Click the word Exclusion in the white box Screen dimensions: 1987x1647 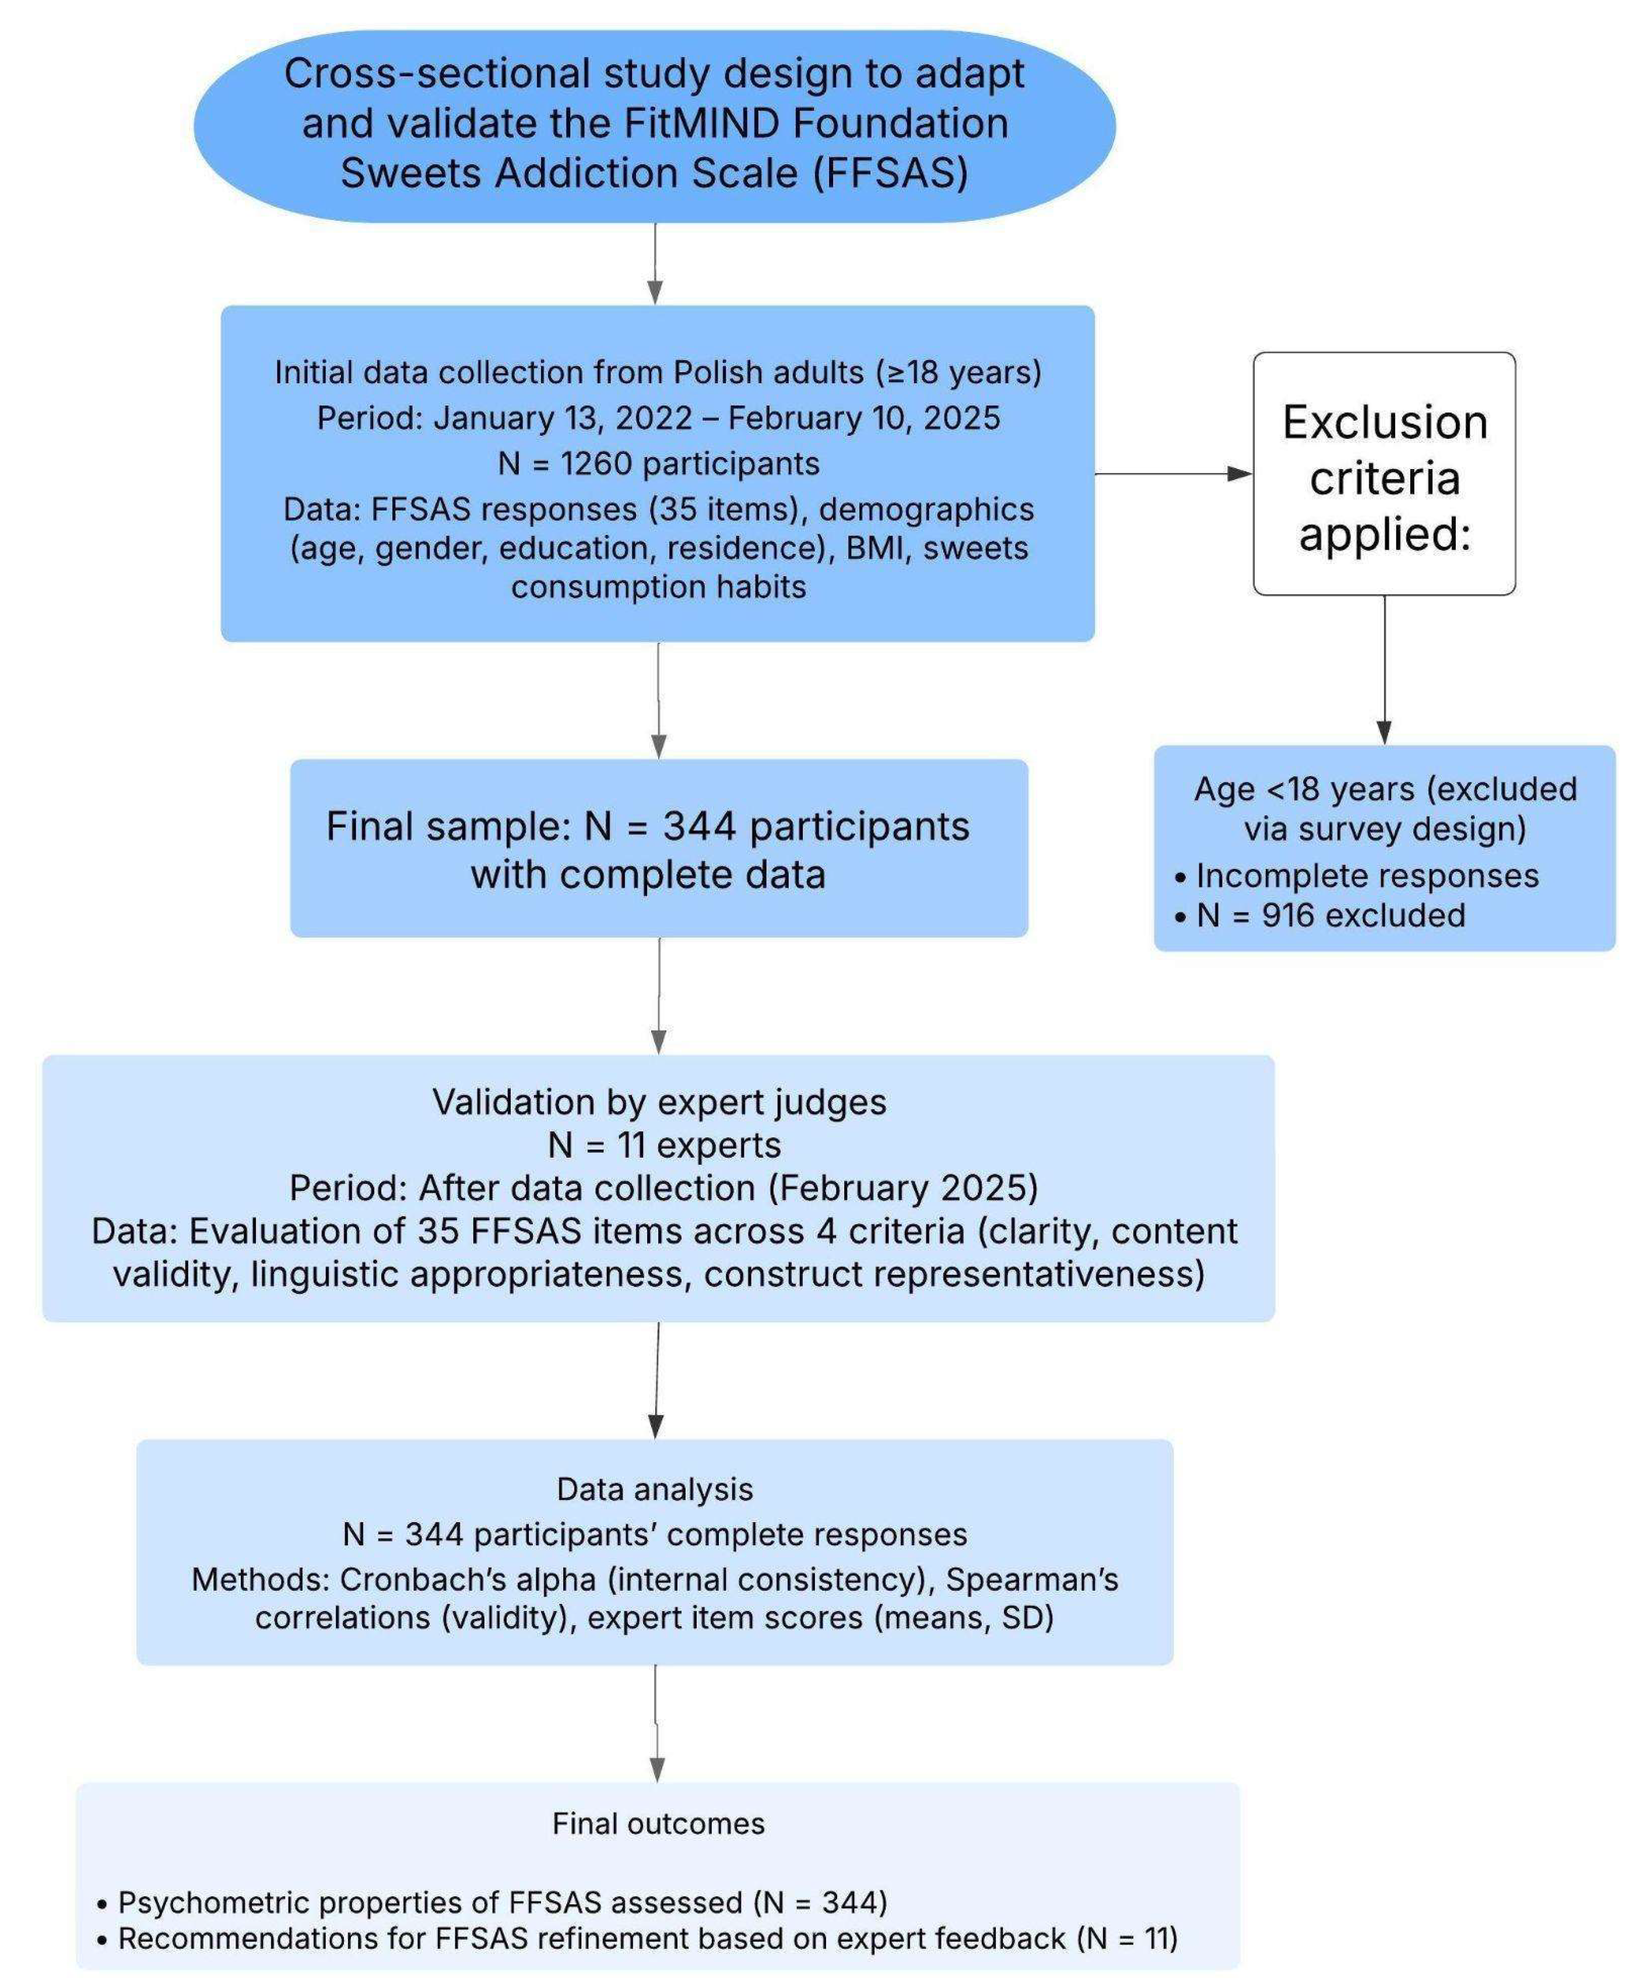pyautogui.click(x=1384, y=422)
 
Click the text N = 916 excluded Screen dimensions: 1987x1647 pyautogui.click(x=1330, y=915)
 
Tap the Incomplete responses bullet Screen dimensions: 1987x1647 pyautogui.click(x=1366, y=875)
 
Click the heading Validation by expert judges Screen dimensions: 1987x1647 pyautogui.click(x=659, y=1101)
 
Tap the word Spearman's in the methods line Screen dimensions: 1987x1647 pyautogui.click(x=1032, y=1579)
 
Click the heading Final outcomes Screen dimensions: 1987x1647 pyautogui.click(x=658, y=1823)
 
